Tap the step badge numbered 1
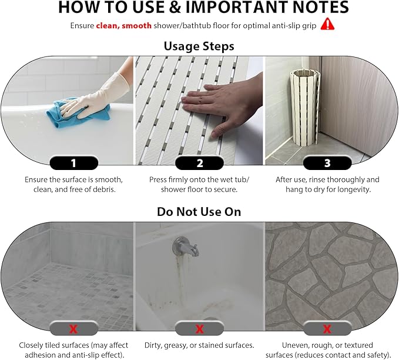click(73, 163)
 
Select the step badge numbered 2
click(199, 163)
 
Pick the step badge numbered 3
click(327, 163)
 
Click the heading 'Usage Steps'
click(199, 45)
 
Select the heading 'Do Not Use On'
click(199, 211)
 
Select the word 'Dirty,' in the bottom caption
click(156, 345)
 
